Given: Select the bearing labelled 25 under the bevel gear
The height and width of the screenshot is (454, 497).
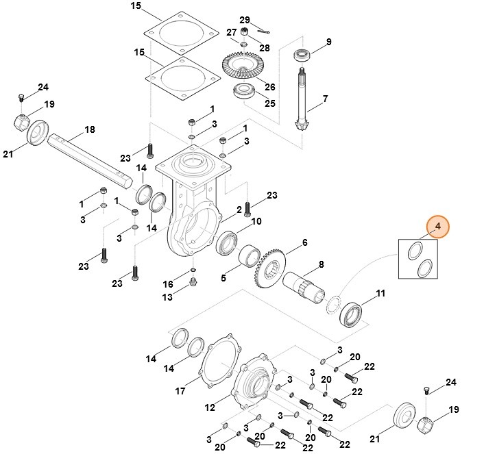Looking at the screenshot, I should pos(245,92).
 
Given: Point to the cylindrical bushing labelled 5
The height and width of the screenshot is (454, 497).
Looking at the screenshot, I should pos(251,260).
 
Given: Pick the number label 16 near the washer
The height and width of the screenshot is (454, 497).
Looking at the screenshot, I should pos(168,284).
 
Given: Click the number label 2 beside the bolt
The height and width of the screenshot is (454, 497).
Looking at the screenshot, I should pos(239,209).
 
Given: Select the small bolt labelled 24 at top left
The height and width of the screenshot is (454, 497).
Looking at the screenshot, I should pos(21,98).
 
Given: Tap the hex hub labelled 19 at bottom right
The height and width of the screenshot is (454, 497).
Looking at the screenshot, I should pos(426,425).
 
